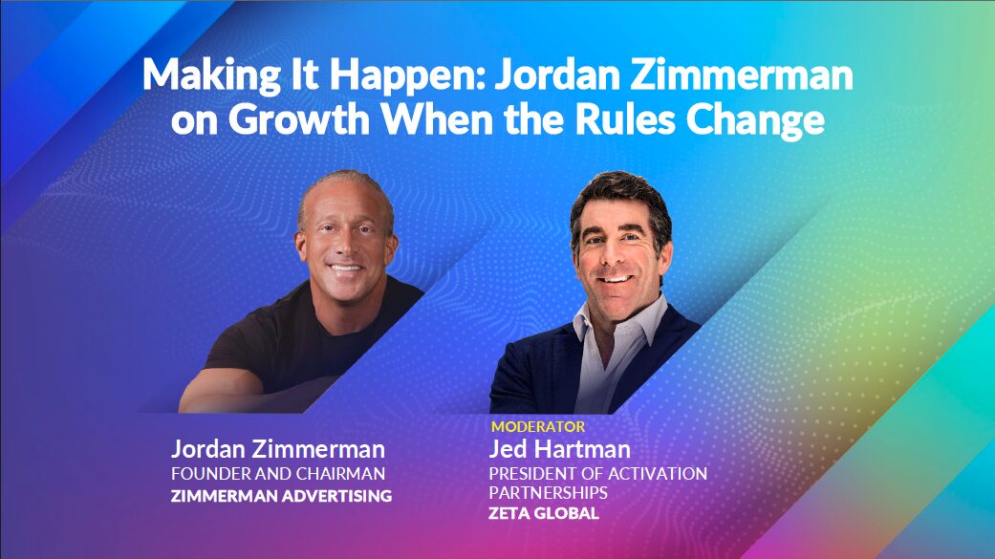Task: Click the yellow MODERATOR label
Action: [537, 426]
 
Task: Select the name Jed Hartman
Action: [559, 449]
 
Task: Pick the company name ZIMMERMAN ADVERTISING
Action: [281, 496]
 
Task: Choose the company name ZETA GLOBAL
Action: [544, 513]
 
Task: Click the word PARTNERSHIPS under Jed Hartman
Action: [548, 492]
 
